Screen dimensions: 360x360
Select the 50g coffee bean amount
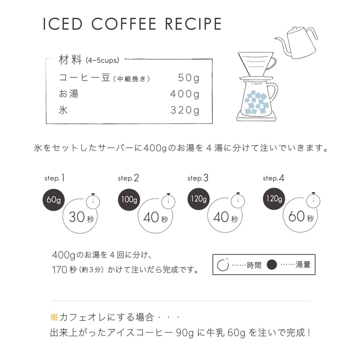pos(188,78)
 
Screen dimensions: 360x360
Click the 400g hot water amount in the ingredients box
pos(184,94)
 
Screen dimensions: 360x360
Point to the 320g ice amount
pos(184,110)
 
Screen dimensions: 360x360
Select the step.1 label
pos(54,178)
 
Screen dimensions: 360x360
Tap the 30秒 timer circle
pos(81,217)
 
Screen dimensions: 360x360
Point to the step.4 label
pos(273,178)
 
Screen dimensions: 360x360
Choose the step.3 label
pos(198,178)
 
